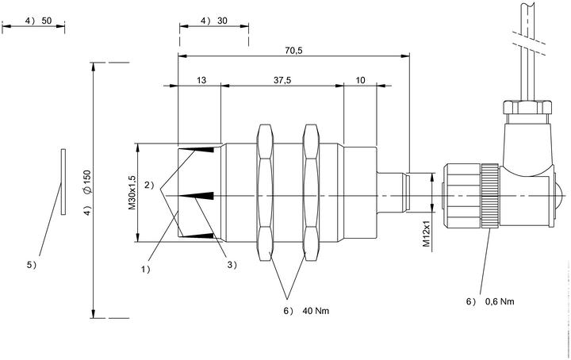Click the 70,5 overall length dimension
[293, 50]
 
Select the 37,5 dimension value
[282, 80]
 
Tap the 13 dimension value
[201, 80]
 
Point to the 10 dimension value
[360, 80]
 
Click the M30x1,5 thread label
[132, 192]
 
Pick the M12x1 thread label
[427, 234]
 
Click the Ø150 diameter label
[86, 182]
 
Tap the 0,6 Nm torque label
[500, 301]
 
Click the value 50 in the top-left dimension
[47, 21]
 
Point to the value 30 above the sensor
[222, 21]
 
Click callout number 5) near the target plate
[32, 265]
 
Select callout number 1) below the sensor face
[146, 269]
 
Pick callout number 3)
[232, 265]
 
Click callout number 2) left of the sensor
[149, 185]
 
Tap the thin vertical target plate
[63, 182]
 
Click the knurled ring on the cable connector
[490, 196]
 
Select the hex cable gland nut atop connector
[527, 107]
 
